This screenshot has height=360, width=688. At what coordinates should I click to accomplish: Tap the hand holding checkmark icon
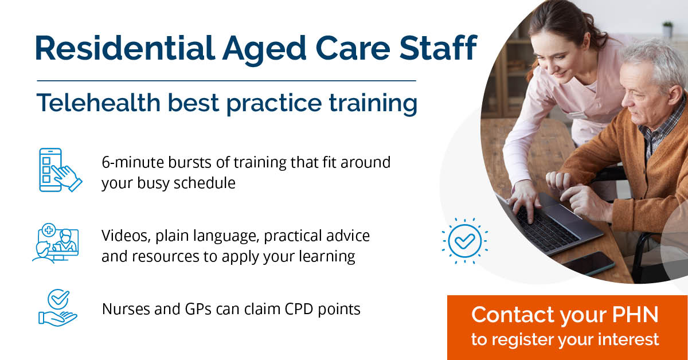58,308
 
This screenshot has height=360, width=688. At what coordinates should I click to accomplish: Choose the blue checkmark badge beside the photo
465,241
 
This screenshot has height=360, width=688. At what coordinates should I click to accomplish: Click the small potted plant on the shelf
667,29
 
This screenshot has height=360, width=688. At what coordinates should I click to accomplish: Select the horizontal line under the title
226,81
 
